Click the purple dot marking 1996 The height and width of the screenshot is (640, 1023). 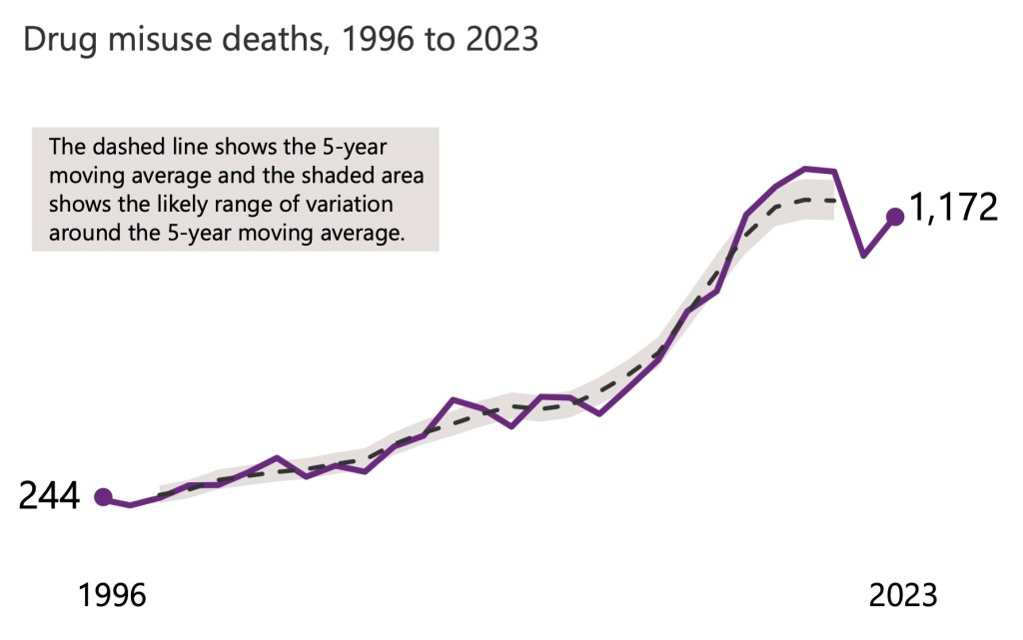102,496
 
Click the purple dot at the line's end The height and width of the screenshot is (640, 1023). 895,216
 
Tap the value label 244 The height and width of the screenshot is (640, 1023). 49,496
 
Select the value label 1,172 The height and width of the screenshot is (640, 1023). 953,208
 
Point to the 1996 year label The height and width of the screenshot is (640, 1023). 112,595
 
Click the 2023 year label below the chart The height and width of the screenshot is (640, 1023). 903,595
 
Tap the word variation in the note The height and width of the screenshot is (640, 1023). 350,205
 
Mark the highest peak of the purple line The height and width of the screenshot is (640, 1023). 805,169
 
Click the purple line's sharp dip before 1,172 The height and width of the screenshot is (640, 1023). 863,257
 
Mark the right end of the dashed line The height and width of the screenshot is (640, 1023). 834,201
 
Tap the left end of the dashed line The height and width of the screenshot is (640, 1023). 160,496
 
